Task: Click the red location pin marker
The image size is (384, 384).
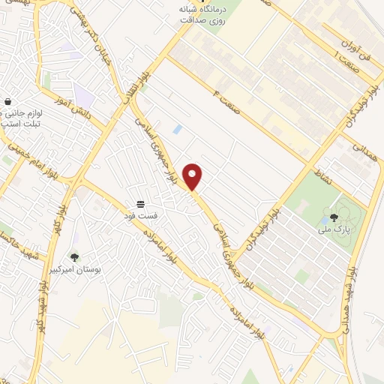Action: pyautogui.click(x=193, y=176)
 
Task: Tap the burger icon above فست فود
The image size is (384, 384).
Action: pyautogui.click(x=140, y=205)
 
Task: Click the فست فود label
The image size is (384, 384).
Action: pyautogui.click(x=141, y=216)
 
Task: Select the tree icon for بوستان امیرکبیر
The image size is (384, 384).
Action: pyautogui.click(x=74, y=257)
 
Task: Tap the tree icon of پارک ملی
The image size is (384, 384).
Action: pyautogui.click(x=334, y=218)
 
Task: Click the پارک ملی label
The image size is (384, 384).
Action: pyautogui.click(x=333, y=229)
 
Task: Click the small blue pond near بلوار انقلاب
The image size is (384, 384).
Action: pyautogui.click(x=177, y=129)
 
